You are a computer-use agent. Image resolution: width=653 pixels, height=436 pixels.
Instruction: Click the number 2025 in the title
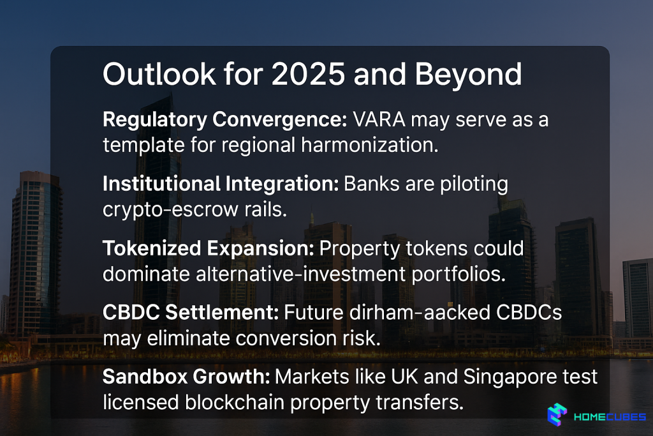[308, 74]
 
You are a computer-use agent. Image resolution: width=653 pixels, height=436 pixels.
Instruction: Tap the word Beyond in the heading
[468, 75]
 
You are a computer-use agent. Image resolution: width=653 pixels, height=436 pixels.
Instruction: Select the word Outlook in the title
[159, 74]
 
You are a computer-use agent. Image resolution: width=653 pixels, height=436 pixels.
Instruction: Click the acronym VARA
[379, 119]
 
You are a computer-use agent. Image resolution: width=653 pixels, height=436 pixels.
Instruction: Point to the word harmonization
[370, 145]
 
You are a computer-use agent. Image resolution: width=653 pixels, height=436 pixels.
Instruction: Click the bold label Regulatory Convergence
[225, 120]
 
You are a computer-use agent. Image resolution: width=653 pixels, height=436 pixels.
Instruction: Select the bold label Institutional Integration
[221, 184]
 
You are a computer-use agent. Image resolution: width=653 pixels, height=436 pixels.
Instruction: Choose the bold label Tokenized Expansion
[209, 249]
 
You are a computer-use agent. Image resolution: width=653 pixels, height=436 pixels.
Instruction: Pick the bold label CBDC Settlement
[191, 313]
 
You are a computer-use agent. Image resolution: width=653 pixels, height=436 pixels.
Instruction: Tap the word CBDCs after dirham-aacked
[529, 313]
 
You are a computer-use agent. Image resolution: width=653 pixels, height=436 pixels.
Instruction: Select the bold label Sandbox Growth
[186, 377]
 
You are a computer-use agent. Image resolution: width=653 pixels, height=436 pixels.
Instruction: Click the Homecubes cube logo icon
[557, 414]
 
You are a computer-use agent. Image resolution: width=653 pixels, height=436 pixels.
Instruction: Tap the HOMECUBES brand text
[610, 417]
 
